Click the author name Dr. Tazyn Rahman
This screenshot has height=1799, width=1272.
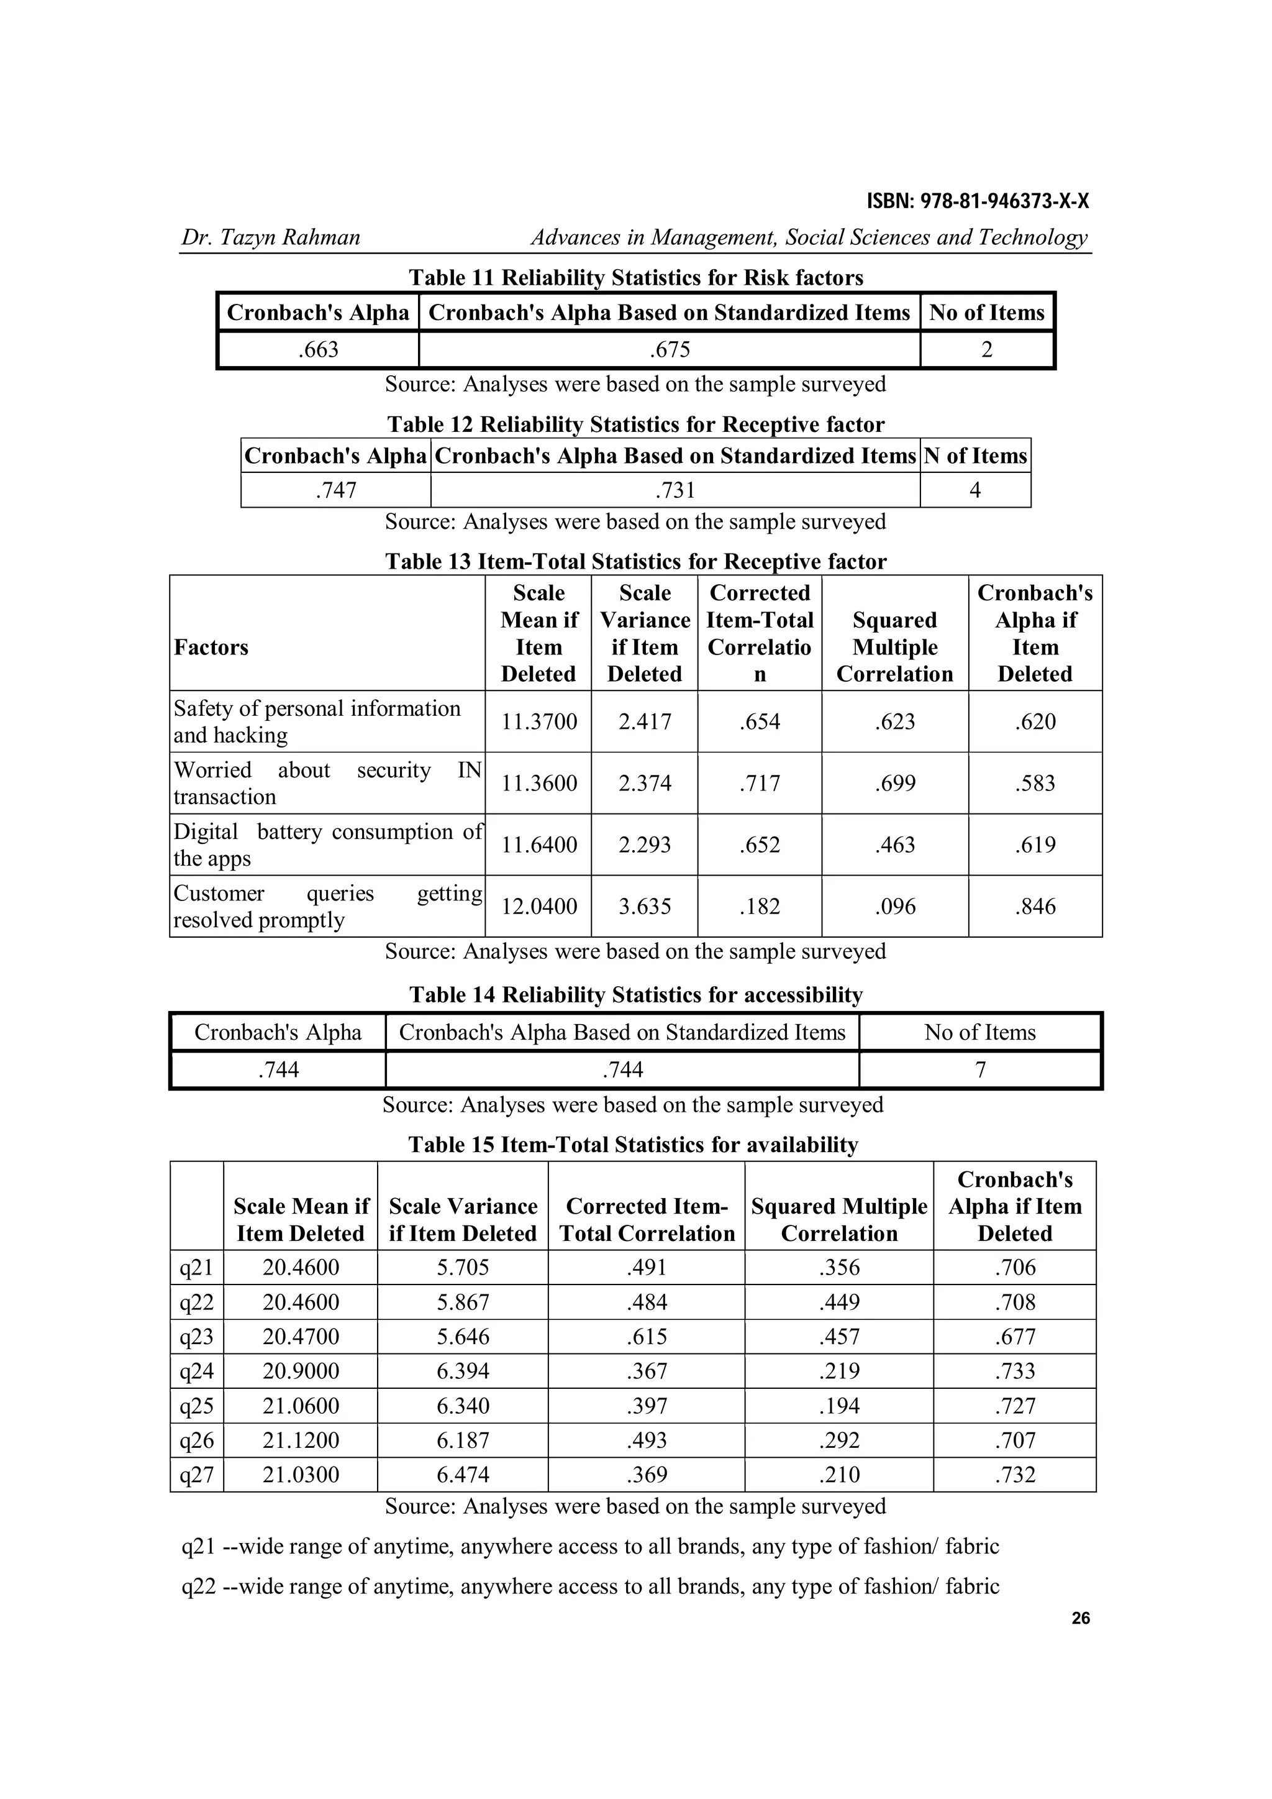pos(270,237)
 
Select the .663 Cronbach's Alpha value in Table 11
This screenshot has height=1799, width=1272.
pos(318,349)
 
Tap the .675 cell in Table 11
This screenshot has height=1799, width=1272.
pos(670,349)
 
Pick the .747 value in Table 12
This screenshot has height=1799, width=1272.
pos(336,490)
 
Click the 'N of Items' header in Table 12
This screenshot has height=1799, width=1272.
pos(975,456)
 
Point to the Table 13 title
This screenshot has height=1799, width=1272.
pos(635,561)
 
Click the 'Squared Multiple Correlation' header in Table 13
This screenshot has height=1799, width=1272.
pos(894,647)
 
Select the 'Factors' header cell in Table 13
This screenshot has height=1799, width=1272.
pos(211,647)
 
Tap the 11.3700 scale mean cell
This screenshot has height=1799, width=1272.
pos(539,721)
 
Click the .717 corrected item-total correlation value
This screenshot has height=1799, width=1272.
pos(759,784)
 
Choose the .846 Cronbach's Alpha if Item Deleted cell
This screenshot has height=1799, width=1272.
pos(1035,907)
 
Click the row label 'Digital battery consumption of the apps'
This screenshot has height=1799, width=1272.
pos(327,845)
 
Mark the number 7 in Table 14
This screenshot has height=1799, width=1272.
pos(980,1069)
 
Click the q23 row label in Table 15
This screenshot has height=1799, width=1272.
pos(197,1337)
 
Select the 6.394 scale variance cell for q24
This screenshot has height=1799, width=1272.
pos(463,1371)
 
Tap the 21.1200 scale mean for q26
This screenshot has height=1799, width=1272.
pos(301,1440)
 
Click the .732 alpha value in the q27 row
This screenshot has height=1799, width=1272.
pos(1014,1475)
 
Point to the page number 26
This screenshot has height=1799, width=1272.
pos(1080,1619)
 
